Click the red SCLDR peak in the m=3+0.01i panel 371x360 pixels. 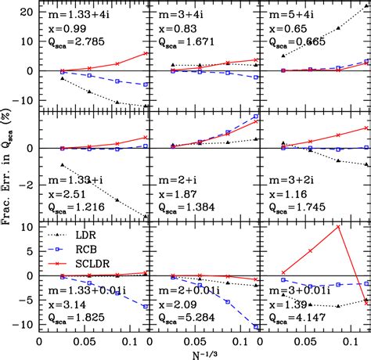point(338,227)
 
